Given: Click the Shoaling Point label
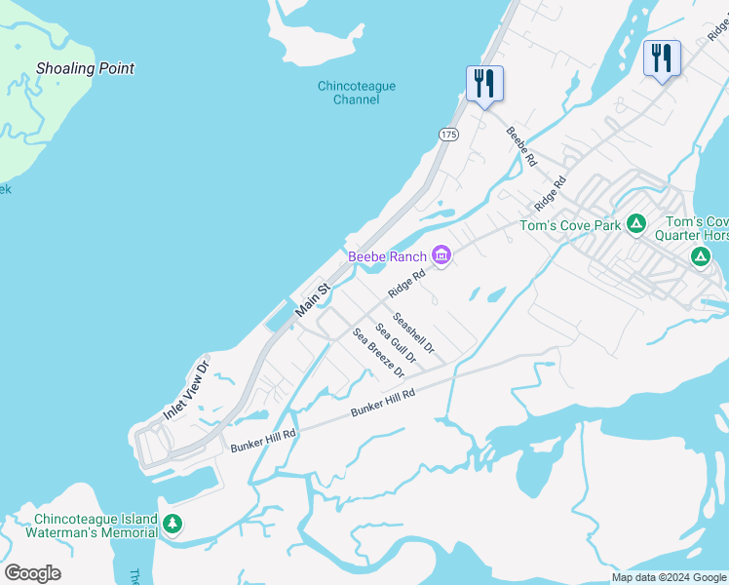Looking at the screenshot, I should (x=85, y=69).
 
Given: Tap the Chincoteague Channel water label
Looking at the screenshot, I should (x=357, y=93).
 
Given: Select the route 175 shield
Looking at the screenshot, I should (x=448, y=135).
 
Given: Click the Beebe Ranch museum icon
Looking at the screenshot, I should (x=441, y=256).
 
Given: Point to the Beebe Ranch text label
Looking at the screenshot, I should (x=388, y=257).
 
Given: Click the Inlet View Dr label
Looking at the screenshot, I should (x=186, y=392).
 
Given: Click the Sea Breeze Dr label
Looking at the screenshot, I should (x=378, y=353).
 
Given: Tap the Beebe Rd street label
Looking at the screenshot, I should (x=521, y=146).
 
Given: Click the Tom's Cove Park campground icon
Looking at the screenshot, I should (x=635, y=225).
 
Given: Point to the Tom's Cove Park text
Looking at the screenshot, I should (x=570, y=226).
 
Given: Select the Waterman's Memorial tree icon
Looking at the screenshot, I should (x=173, y=525).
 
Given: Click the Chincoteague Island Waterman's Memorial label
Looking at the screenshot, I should (x=96, y=526).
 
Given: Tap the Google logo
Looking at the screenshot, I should (x=33, y=573).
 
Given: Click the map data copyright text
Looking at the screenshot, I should (x=669, y=577).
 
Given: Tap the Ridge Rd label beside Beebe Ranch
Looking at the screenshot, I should (x=406, y=284).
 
